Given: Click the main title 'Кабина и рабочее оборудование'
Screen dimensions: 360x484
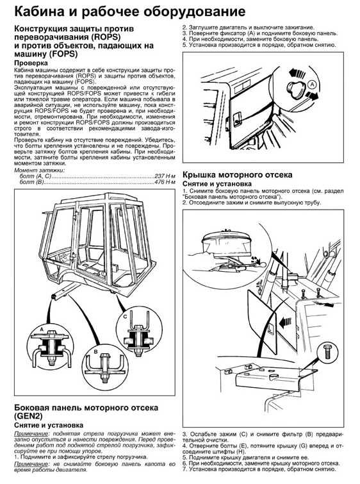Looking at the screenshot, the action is pyautogui.click(x=130, y=12).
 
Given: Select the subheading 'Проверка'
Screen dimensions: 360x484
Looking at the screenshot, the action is pyautogui.click(x=31, y=63).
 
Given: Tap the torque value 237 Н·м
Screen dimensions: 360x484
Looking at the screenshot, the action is pyautogui.click(x=165, y=176).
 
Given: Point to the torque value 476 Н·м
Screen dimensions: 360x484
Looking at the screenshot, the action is pyautogui.click(x=165, y=182).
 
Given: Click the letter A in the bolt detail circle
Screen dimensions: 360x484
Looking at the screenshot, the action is pyautogui.click(x=42, y=330).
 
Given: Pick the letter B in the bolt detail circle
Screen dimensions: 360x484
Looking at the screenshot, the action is pyautogui.click(x=95, y=351).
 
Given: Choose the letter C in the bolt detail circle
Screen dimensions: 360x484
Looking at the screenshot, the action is pyautogui.click(x=125, y=317).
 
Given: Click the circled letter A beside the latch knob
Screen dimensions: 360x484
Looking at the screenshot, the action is pyautogui.click(x=313, y=83).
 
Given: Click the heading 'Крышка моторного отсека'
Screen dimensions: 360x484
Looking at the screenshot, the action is pyautogui.click(x=237, y=175).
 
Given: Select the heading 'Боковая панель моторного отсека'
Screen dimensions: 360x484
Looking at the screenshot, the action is pyautogui.click(x=86, y=408).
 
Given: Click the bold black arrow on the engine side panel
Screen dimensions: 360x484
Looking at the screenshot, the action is pyautogui.click(x=285, y=322).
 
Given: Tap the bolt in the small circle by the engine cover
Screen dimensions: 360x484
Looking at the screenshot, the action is pyautogui.click(x=327, y=351).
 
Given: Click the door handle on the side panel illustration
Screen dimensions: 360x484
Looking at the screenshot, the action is pyautogui.click(x=237, y=119).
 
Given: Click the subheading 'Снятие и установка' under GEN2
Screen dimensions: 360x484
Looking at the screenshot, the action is pyautogui.click(x=49, y=425).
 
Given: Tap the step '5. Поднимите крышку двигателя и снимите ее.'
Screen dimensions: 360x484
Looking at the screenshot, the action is pyautogui.click(x=245, y=458).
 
